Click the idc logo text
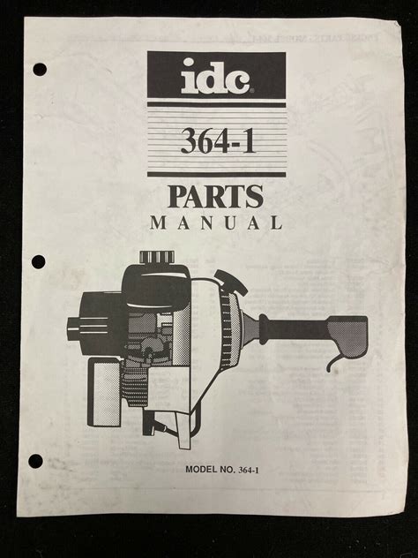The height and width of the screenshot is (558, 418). point(216,77)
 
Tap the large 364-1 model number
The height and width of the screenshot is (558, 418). point(218,140)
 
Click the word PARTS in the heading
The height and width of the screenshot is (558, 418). point(215,196)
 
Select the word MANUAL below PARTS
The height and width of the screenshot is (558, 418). point(216,222)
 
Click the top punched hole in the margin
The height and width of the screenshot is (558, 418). point(40,70)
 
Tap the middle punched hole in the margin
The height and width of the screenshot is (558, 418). point(39,262)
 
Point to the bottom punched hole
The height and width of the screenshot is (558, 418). point(35,461)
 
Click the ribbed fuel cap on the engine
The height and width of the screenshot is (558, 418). point(157,257)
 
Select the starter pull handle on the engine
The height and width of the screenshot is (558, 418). point(231,281)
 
